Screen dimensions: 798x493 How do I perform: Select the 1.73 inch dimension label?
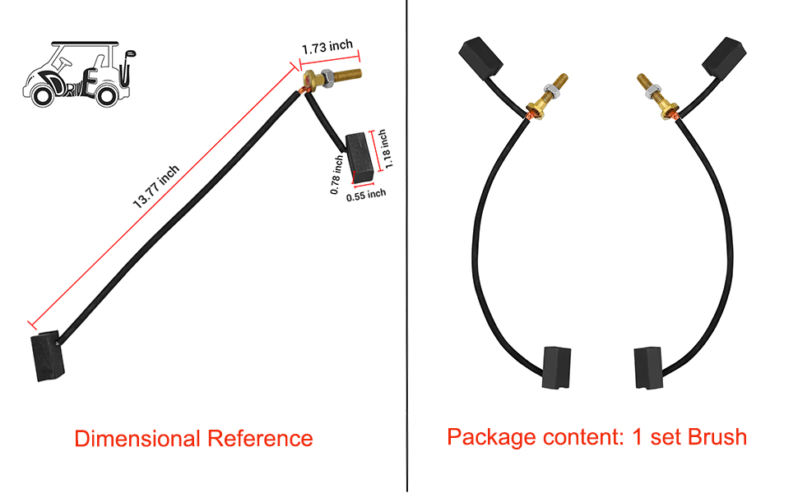coord(327,48)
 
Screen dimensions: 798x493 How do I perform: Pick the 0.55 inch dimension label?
coord(365,195)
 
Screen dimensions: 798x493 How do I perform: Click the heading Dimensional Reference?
coord(193,438)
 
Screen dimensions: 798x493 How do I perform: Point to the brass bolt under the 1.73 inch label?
coord(333,81)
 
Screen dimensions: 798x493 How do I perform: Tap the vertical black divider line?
coord(407,246)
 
